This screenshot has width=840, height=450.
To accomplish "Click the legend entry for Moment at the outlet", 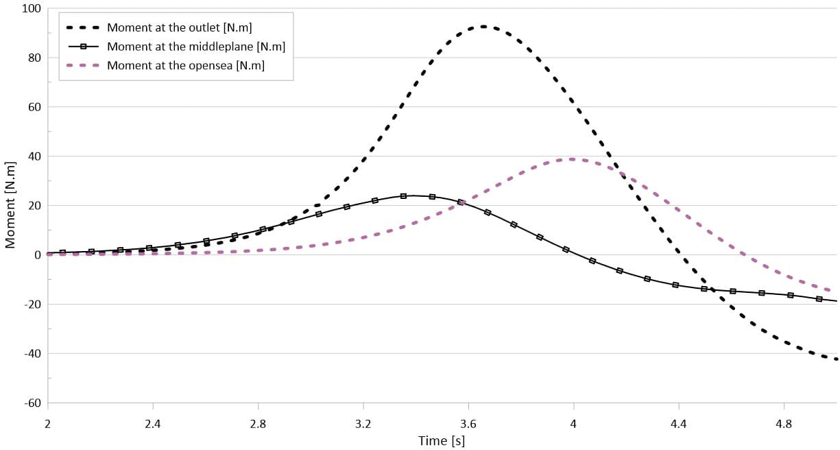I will coord(179,28).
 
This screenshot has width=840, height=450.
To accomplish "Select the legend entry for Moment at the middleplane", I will coord(195,47).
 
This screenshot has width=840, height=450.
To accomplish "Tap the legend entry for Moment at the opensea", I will coord(185,65).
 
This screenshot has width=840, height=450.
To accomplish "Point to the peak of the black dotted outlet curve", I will coord(483,27).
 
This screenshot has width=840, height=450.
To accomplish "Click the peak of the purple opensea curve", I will coord(571,159).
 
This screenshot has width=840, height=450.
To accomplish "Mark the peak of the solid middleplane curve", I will coord(410,196).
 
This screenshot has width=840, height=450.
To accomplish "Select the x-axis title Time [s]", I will coord(442,441).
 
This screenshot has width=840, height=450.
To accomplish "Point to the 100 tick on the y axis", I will coord(32,9).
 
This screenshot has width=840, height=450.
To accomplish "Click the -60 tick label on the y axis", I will coord(32,403).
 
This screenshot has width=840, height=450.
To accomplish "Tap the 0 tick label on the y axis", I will coord(38,255).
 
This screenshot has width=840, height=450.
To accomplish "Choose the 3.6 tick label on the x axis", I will coord(468,423).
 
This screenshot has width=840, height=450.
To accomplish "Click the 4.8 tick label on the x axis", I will coord(784,423).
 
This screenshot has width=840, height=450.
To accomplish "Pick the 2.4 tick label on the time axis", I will coord(153,423).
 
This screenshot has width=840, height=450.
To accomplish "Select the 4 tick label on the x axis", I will coord(573,423).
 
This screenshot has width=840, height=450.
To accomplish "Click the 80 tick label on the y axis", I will coord(34,58).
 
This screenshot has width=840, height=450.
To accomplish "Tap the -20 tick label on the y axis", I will coord(32,305).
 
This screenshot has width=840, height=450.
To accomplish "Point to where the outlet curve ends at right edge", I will coord(836,359).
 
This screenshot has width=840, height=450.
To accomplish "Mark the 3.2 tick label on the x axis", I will coord(363,423).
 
